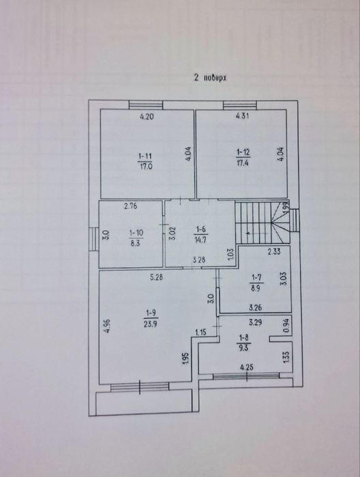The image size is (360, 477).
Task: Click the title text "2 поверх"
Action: [x=209, y=78]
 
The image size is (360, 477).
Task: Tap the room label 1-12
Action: [x=243, y=152]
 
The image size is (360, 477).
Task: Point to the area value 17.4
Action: [x=243, y=164]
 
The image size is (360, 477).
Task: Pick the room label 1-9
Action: [x=151, y=314]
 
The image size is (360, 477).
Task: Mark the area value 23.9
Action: [x=151, y=325]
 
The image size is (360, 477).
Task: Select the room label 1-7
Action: [x=256, y=277]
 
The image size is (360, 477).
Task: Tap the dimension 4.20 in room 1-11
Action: [x=147, y=117]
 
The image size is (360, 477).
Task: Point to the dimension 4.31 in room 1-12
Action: [x=242, y=117]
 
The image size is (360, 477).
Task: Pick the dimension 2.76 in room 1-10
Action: [x=131, y=206]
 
